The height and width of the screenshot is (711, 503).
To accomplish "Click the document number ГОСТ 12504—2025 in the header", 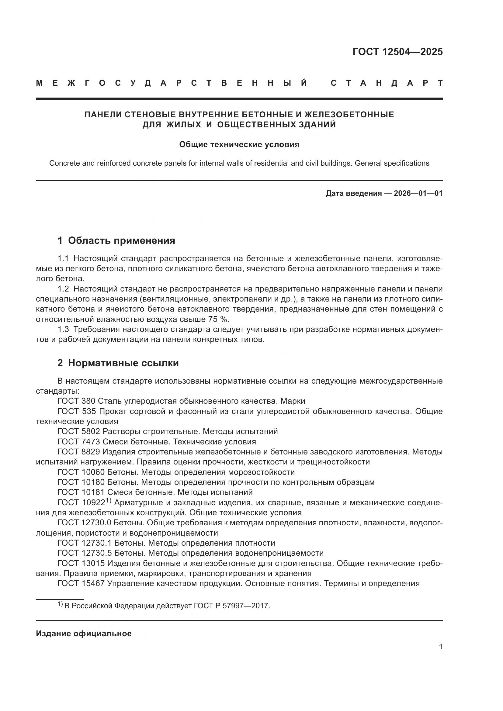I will (397, 52).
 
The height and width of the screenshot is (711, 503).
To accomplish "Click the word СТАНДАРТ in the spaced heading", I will (387, 83).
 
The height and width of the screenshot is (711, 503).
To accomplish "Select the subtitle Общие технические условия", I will (239, 145).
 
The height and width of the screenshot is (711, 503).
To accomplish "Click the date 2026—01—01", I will (418, 194).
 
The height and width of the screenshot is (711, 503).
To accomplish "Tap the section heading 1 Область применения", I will (116, 240).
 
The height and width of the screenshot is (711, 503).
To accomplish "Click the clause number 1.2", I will (63, 289).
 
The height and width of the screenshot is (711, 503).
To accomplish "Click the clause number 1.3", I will (63, 330).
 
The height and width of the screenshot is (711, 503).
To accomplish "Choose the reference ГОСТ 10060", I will (81, 472).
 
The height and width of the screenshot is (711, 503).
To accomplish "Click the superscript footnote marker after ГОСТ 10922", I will (108, 500).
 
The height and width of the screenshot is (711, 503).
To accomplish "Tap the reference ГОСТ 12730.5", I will (85, 553).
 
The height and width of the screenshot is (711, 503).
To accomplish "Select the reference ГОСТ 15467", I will (81, 583).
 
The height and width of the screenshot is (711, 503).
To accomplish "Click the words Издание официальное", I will (84, 633).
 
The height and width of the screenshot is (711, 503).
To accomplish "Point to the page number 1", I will (441, 647).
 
